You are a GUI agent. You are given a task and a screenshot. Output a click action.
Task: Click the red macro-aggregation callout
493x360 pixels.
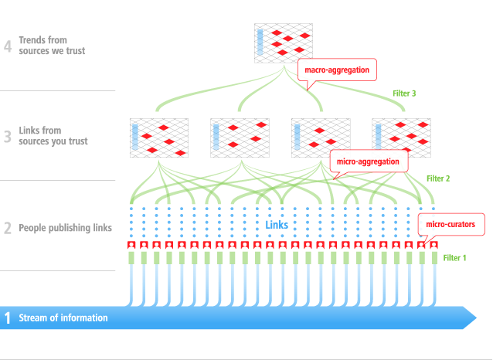[337, 70]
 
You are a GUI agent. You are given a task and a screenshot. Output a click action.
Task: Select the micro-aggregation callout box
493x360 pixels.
[368, 161]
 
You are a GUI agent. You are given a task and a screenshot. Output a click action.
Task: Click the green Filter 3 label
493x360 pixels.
[404, 93]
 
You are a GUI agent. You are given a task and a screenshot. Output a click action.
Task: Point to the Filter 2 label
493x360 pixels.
[438, 178]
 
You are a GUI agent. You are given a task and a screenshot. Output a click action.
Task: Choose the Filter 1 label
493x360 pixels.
[455, 257]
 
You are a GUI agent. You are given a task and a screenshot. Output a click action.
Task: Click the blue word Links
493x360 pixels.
[277, 225]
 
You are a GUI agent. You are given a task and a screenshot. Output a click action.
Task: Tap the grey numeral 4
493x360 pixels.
[8, 46]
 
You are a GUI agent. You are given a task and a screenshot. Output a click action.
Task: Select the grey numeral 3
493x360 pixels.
[8, 137]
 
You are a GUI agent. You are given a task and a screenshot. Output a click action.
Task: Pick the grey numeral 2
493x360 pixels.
[8, 228]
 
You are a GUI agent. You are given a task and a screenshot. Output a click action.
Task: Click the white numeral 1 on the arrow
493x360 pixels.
[8, 318]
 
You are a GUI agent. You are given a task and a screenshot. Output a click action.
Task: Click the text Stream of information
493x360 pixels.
[63, 318]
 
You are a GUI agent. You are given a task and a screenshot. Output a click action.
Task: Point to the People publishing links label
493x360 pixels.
[66, 228]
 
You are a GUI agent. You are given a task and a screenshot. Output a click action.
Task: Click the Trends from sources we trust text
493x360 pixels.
[53, 46]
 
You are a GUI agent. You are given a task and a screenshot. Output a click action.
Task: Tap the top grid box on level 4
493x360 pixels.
[283, 43]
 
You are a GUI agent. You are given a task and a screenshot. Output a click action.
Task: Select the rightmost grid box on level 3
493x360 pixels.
[399, 138]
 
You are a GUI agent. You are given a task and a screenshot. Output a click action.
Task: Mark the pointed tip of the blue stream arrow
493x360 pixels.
[475, 317]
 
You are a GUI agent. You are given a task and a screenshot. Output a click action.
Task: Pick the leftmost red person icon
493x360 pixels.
[131, 245]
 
